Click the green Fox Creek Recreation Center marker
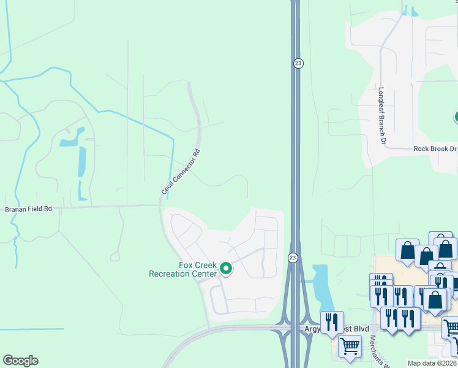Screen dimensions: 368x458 (x=225, y=269)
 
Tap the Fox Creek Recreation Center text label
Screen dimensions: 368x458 (x=183, y=269)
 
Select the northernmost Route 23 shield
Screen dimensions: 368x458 (x=298, y=63)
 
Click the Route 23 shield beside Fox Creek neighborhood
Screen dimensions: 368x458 (x=293, y=258)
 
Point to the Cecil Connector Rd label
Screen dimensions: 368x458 (x=181, y=173)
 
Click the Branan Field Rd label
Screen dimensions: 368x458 (x=29, y=209)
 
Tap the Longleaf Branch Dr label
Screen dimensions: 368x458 (x=382, y=116)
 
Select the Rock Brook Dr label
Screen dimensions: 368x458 (x=435, y=148)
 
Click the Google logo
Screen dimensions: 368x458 (x=20, y=361)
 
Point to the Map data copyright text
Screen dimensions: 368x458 (x=432, y=363)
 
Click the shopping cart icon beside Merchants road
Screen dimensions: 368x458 (x=350, y=346)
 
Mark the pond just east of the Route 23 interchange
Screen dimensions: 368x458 (x=322, y=286)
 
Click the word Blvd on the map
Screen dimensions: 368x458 (x=359, y=329)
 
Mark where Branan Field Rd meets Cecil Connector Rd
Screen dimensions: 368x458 (x=160, y=205)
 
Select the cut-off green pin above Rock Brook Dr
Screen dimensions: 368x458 (x=456, y=117)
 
